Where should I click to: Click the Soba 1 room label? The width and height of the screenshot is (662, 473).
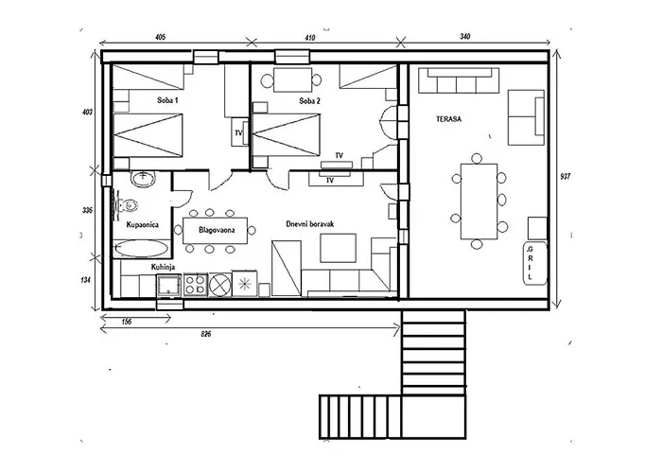tap(167, 100)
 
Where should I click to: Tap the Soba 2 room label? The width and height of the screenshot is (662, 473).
tap(309, 101)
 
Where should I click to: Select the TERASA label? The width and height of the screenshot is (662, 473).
tap(449, 119)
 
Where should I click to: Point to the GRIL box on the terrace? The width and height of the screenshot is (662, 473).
tap(535, 263)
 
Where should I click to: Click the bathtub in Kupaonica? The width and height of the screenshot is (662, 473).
tap(142, 249)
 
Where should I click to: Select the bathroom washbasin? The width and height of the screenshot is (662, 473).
tap(144, 179)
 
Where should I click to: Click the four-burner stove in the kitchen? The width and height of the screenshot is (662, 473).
tap(195, 284)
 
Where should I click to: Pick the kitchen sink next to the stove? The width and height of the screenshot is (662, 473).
tap(169, 284)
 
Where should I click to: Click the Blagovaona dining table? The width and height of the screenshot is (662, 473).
tap(216, 231)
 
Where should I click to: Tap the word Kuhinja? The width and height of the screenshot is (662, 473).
tap(163, 267)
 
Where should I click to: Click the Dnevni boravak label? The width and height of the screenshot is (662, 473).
tap(310, 224)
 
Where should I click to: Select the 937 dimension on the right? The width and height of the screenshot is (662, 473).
tap(565, 176)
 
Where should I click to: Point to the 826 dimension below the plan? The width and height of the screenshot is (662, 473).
tap(205, 335)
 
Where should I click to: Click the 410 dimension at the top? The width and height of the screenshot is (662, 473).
tap(309, 38)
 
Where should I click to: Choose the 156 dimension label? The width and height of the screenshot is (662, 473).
tap(126, 322)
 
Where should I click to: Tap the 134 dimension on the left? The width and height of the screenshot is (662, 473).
tap(87, 279)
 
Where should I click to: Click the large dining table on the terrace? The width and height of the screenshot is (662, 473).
tap(479, 201)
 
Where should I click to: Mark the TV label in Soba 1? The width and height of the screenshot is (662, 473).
tap(238, 133)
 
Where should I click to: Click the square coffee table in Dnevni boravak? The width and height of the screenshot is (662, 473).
tap(338, 248)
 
